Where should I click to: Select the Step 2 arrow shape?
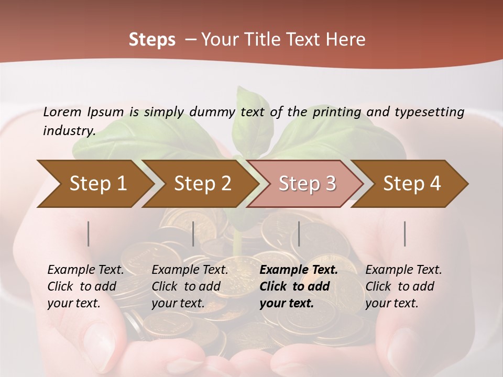tap(202, 184)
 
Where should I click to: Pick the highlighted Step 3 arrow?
tap(307, 184)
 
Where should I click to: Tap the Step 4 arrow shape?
tap(411, 184)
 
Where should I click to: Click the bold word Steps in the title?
tap(152, 40)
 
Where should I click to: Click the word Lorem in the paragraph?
tap(62, 112)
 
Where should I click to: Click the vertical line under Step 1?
tap(89, 234)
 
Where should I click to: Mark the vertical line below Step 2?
tap(193, 234)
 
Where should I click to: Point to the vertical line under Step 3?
tap(299, 234)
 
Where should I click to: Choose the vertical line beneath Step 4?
tap(405, 234)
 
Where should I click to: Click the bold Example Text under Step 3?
tap(299, 270)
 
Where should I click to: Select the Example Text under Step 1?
tap(85, 270)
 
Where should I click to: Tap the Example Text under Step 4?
tap(403, 270)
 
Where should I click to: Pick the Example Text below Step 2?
tap(190, 270)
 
